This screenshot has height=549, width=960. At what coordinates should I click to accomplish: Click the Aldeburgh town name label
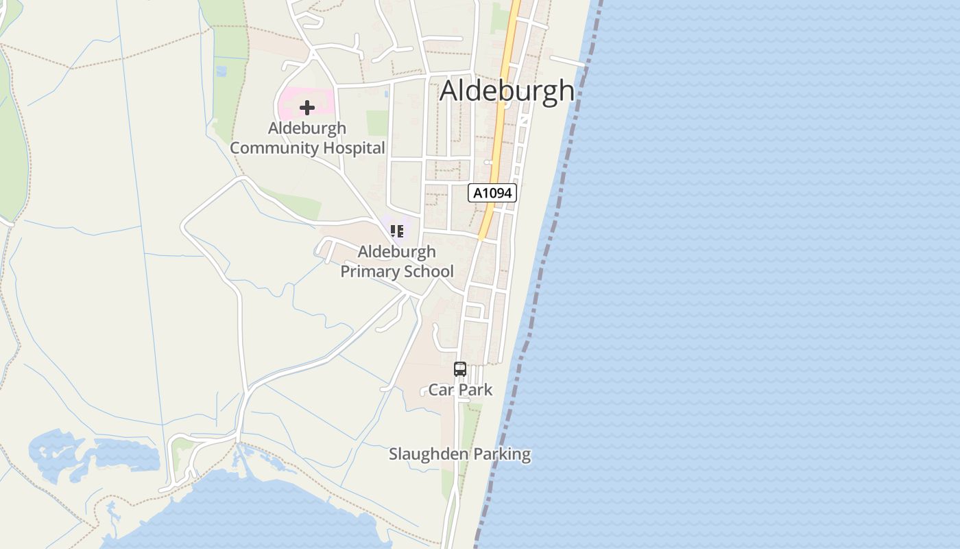[507, 91]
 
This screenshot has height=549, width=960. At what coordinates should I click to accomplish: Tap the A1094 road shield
[492, 193]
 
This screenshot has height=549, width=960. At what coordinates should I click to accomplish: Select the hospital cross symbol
[307, 108]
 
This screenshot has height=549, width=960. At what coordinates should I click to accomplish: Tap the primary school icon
[396, 231]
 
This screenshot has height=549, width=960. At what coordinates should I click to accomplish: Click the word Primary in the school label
[371, 271]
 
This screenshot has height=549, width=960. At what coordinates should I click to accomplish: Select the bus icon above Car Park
[459, 369]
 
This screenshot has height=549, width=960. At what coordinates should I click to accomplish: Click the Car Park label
[460, 390]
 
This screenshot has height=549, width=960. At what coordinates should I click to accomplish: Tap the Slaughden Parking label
[459, 454]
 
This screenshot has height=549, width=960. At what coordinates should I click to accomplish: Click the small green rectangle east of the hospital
[376, 123]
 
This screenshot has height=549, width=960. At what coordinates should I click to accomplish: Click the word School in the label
[428, 271]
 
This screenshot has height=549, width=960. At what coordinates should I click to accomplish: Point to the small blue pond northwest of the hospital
[221, 70]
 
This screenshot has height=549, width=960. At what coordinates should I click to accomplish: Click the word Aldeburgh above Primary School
[396, 252]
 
